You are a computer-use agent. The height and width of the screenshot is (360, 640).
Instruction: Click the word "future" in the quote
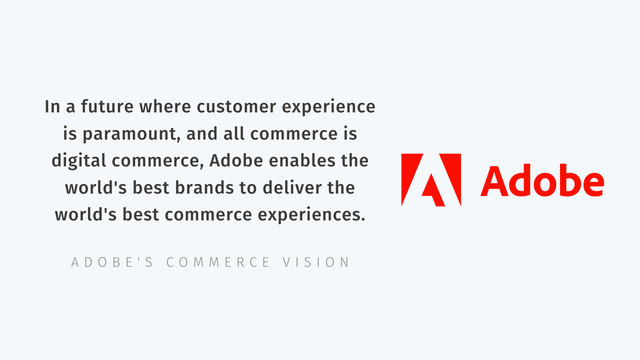pyautogui.click(x=107, y=106)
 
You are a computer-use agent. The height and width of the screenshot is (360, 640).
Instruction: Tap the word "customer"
pyautogui.click(x=236, y=107)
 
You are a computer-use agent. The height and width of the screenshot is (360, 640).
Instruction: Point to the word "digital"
pyautogui.click(x=79, y=161)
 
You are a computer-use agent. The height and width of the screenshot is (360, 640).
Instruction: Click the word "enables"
pyautogui.click(x=302, y=160)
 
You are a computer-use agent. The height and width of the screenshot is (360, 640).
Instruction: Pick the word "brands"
pyautogui.click(x=204, y=188)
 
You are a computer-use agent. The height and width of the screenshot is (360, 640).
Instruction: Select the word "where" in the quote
pyautogui.click(x=165, y=106)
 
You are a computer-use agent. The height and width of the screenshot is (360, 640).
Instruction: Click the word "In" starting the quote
pyautogui.click(x=52, y=107)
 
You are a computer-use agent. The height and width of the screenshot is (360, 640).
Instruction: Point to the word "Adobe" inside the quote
pyautogui.click(x=236, y=160)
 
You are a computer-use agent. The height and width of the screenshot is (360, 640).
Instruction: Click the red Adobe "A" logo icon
pyautogui.click(x=431, y=180)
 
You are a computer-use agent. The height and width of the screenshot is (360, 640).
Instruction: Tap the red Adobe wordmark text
pyautogui.click(x=542, y=180)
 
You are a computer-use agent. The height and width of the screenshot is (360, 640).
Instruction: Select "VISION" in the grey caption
pyautogui.click(x=316, y=262)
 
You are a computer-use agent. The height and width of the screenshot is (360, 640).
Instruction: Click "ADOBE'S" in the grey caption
pyautogui.click(x=112, y=262)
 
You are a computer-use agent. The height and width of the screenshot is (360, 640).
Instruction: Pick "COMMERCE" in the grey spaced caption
pyautogui.click(x=218, y=262)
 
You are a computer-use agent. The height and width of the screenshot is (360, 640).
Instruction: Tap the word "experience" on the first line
pyautogui.click(x=328, y=107)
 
